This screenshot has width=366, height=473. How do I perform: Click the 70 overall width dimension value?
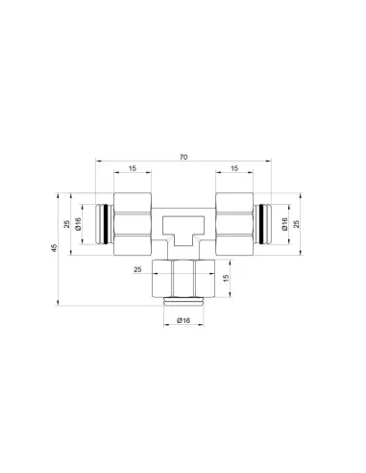pyautogui.click(x=183, y=157)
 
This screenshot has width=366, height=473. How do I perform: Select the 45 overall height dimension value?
pyautogui.click(x=55, y=248)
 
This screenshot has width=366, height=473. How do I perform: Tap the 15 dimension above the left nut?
pyautogui.click(x=133, y=168)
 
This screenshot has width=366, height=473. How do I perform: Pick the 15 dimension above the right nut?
pyautogui.click(x=234, y=168)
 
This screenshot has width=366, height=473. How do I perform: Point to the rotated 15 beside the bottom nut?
pyautogui.click(x=226, y=278)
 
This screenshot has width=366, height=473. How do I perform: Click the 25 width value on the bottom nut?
pyautogui.click(x=137, y=269)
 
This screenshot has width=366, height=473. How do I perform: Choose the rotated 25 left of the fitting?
pyautogui.click(x=67, y=224)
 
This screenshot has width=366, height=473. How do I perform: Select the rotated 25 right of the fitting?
pyautogui.click(x=297, y=224)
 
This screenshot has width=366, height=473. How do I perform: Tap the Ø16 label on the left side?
pyautogui.click(x=78, y=224)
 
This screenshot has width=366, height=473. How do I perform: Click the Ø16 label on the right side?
pyautogui.click(x=284, y=224)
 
